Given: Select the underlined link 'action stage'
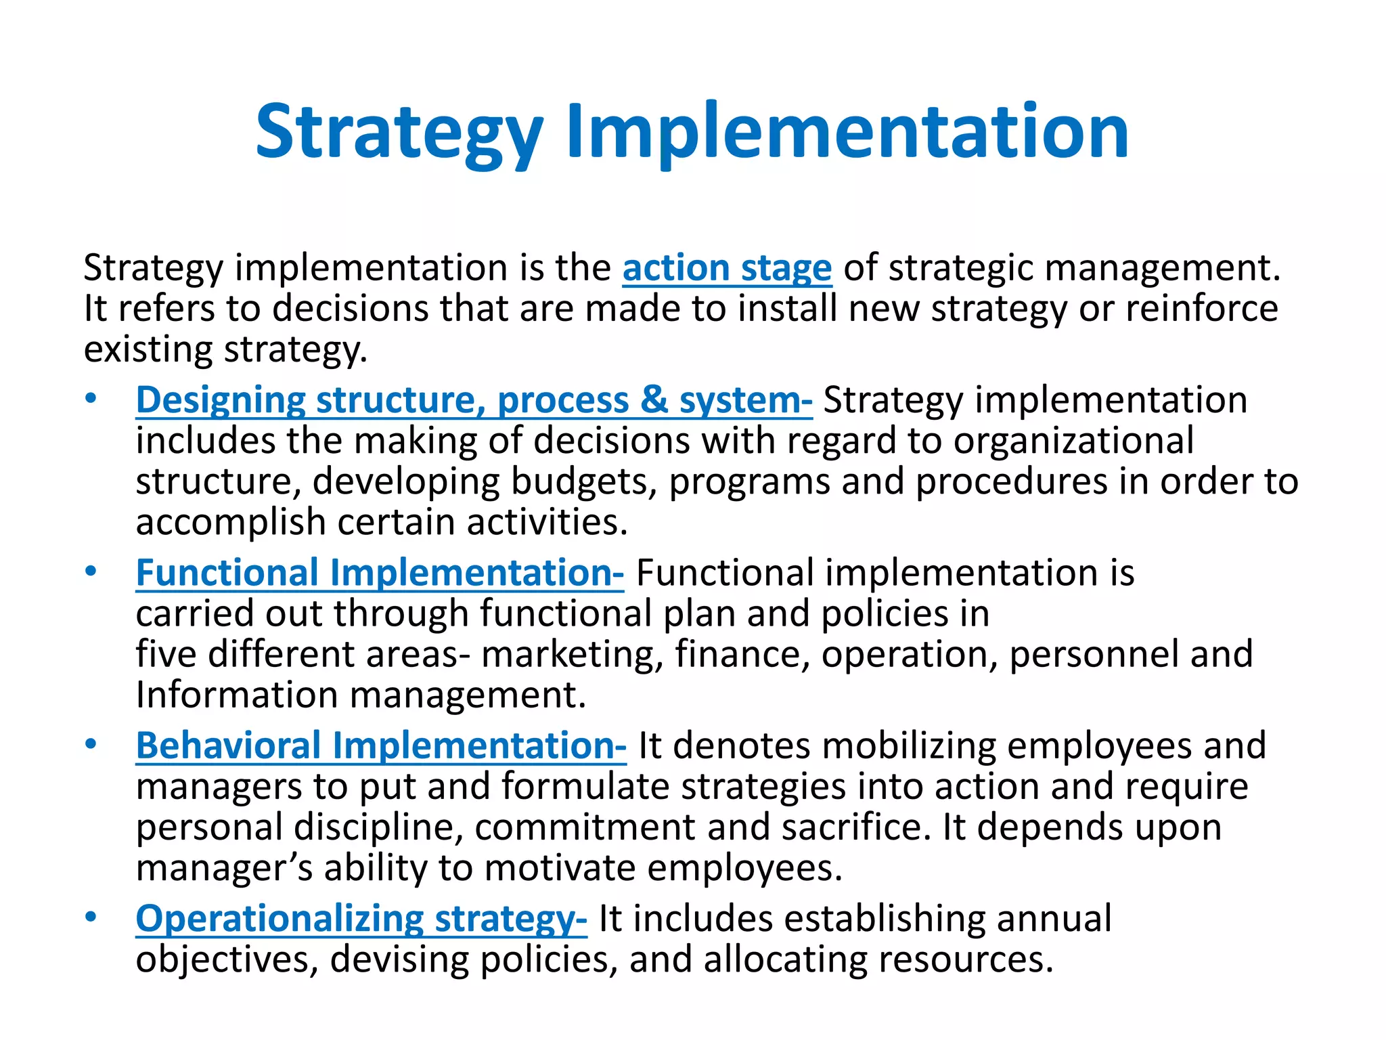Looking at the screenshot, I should coord(727,268).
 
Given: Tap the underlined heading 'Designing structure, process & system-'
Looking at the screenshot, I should coord(474,400).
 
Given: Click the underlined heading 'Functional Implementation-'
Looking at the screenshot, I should coord(380,573).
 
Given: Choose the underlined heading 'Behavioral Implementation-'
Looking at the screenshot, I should coord(381,746).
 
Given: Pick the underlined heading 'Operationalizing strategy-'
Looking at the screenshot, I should coord(361,919).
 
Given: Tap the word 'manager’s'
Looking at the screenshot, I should coord(224,868).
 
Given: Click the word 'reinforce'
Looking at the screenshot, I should coord(1201,309).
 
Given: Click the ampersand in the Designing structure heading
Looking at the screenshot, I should coord(654,400).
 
